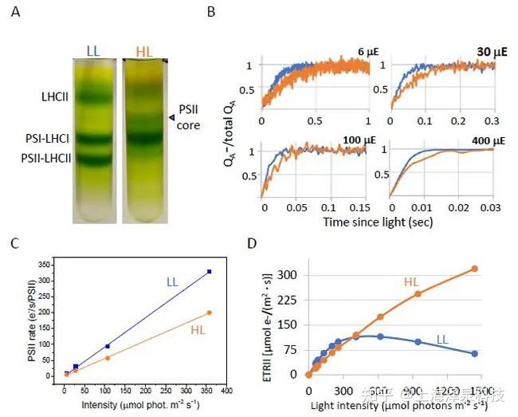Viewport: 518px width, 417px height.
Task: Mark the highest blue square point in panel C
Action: pyautogui.click(x=210, y=272)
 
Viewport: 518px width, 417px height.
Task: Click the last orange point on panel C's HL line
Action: pyautogui.click(x=210, y=313)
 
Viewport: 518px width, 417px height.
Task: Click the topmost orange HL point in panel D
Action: pyautogui.click(x=474, y=269)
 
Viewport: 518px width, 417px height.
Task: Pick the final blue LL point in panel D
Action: pyautogui.click(x=474, y=353)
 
